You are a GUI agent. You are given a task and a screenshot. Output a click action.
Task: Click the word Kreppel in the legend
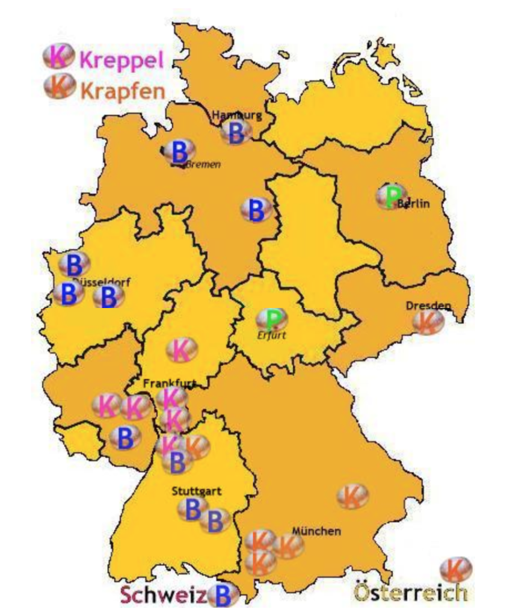(x=122, y=60)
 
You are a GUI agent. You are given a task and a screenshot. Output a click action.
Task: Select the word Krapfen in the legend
(x=122, y=91)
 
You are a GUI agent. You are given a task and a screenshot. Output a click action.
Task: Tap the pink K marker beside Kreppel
(x=58, y=57)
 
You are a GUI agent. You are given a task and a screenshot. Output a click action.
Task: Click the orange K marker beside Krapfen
(x=58, y=88)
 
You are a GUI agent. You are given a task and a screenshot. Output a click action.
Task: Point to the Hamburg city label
(x=237, y=115)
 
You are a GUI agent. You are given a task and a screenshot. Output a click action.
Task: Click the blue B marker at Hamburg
(x=236, y=132)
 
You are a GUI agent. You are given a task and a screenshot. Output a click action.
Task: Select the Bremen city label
(x=203, y=164)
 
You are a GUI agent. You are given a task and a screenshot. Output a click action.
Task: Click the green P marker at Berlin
(x=392, y=196)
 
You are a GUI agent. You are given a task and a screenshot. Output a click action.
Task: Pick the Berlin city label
(x=414, y=204)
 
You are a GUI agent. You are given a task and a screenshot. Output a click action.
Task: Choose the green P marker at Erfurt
(x=272, y=319)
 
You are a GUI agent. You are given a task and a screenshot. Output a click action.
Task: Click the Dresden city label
(x=428, y=306)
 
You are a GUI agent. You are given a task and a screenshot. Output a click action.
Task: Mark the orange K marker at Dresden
(x=428, y=322)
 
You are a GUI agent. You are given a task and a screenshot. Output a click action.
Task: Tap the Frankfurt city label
(x=170, y=383)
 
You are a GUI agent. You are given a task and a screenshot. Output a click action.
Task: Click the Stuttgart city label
(x=197, y=491)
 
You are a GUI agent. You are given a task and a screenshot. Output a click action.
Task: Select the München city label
(x=316, y=531)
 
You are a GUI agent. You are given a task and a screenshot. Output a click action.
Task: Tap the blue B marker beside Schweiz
(x=223, y=596)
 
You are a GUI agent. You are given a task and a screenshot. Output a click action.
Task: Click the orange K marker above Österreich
(x=456, y=569)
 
